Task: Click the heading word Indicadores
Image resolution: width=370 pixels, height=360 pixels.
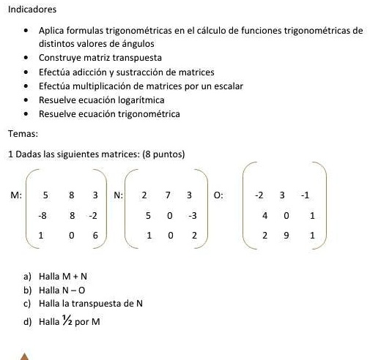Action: (x=30, y=10)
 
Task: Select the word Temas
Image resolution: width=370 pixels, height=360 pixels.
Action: (x=22, y=133)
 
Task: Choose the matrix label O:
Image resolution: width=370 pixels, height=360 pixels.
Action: (x=219, y=197)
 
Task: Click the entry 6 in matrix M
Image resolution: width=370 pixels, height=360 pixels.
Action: (x=95, y=236)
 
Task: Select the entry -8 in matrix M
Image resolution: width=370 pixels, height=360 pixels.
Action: (x=42, y=217)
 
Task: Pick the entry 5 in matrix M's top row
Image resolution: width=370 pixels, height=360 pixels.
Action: (x=45, y=197)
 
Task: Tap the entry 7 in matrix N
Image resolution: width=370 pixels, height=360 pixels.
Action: (x=169, y=197)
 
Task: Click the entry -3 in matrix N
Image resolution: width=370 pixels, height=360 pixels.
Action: (x=191, y=217)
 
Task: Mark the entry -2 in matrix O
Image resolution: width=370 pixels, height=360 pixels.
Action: (x=259, y=197)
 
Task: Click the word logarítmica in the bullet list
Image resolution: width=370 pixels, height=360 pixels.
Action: (x=137, y=100)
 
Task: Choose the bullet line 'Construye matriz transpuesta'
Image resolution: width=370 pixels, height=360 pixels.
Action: (x=100, y=58)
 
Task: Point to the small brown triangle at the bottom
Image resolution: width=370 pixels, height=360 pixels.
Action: (x=25, y=356)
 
